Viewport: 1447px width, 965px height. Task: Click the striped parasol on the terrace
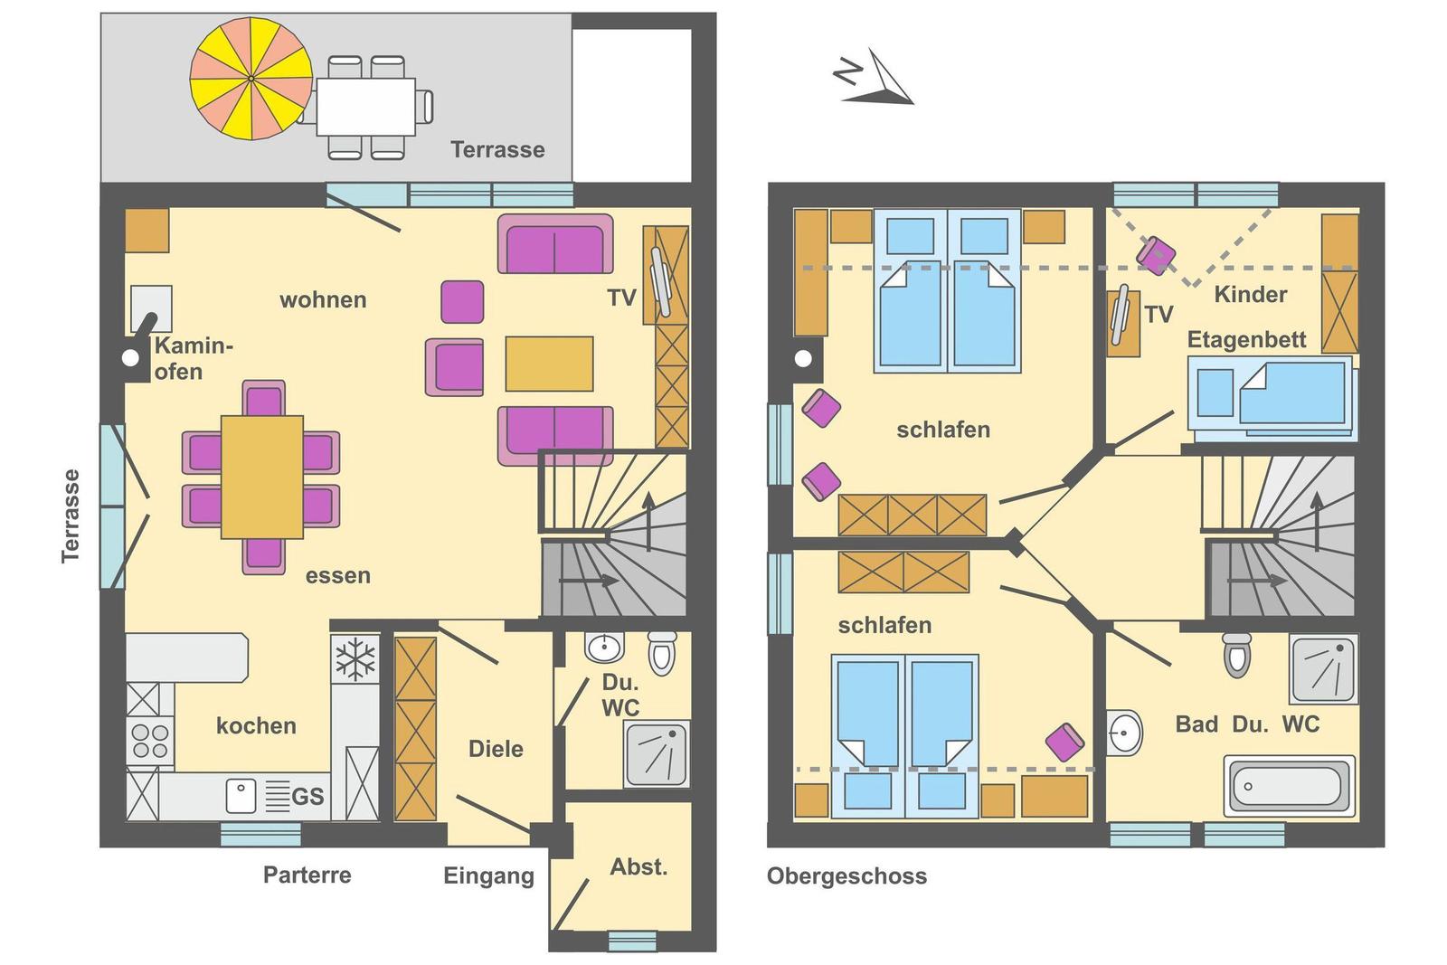(251, 78)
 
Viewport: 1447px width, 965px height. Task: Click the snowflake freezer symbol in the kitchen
(355, 659)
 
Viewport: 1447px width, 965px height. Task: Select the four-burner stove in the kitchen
(150, 741)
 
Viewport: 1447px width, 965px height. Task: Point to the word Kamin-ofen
(194, 358)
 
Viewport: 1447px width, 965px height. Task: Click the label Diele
(496, 749)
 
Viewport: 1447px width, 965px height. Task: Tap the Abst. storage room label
(638, 866)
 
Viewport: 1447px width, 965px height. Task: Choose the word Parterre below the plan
(307, 875)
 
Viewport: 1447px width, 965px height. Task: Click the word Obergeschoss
(846, 876)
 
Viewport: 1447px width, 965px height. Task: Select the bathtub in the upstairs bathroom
(1289, 786)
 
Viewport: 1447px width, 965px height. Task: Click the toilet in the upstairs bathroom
(1236, 654)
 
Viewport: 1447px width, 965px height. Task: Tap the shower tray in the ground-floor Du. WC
(656, 754)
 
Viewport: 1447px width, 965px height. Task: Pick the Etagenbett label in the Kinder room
(1247, 340)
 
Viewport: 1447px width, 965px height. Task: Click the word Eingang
(488, 876)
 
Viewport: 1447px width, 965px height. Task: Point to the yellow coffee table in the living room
(549, 364)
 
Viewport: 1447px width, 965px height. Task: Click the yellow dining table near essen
(261, 477)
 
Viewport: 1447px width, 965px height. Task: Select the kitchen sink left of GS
(241, 795)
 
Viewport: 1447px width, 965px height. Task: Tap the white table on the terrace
(365, 107)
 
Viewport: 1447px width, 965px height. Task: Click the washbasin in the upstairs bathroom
(1124, 733)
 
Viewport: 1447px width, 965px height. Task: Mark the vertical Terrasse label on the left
(71, 516)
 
